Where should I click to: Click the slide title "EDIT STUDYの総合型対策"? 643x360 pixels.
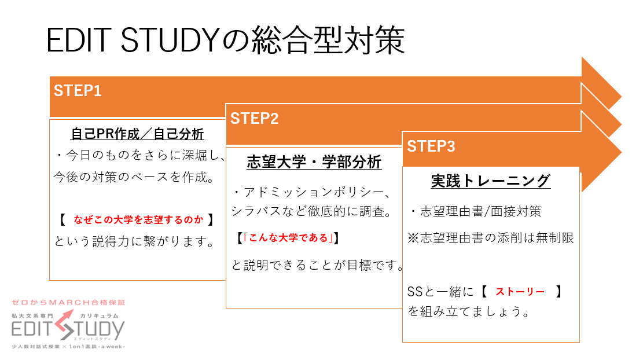point(226,40)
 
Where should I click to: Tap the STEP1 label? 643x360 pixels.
point(78,91)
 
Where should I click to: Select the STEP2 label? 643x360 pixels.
point(254,119)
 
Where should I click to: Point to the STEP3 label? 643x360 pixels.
point(431,146)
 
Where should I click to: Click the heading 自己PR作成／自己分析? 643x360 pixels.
point(137,134)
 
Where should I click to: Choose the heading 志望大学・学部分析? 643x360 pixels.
point(314,162)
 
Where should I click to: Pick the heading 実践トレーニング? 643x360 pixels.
point(490,181)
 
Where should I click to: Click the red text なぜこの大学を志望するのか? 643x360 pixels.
point(138,220)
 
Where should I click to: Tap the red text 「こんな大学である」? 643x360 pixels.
point(288,238)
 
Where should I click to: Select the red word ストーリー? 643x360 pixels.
point(520,292)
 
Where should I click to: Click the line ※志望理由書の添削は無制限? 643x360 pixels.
point(490,238)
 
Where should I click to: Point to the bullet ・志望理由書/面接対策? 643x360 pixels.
point(476,211)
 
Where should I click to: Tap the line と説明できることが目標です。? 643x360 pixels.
point(318,265)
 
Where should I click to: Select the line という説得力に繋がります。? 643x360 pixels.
point(134,241)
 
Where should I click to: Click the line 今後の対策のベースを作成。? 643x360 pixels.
point(134,177)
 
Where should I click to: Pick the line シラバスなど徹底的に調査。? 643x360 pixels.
point(311,211)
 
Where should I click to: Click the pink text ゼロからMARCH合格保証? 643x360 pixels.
point(68,303)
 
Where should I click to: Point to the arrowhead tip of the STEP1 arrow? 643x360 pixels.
point(622,97)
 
